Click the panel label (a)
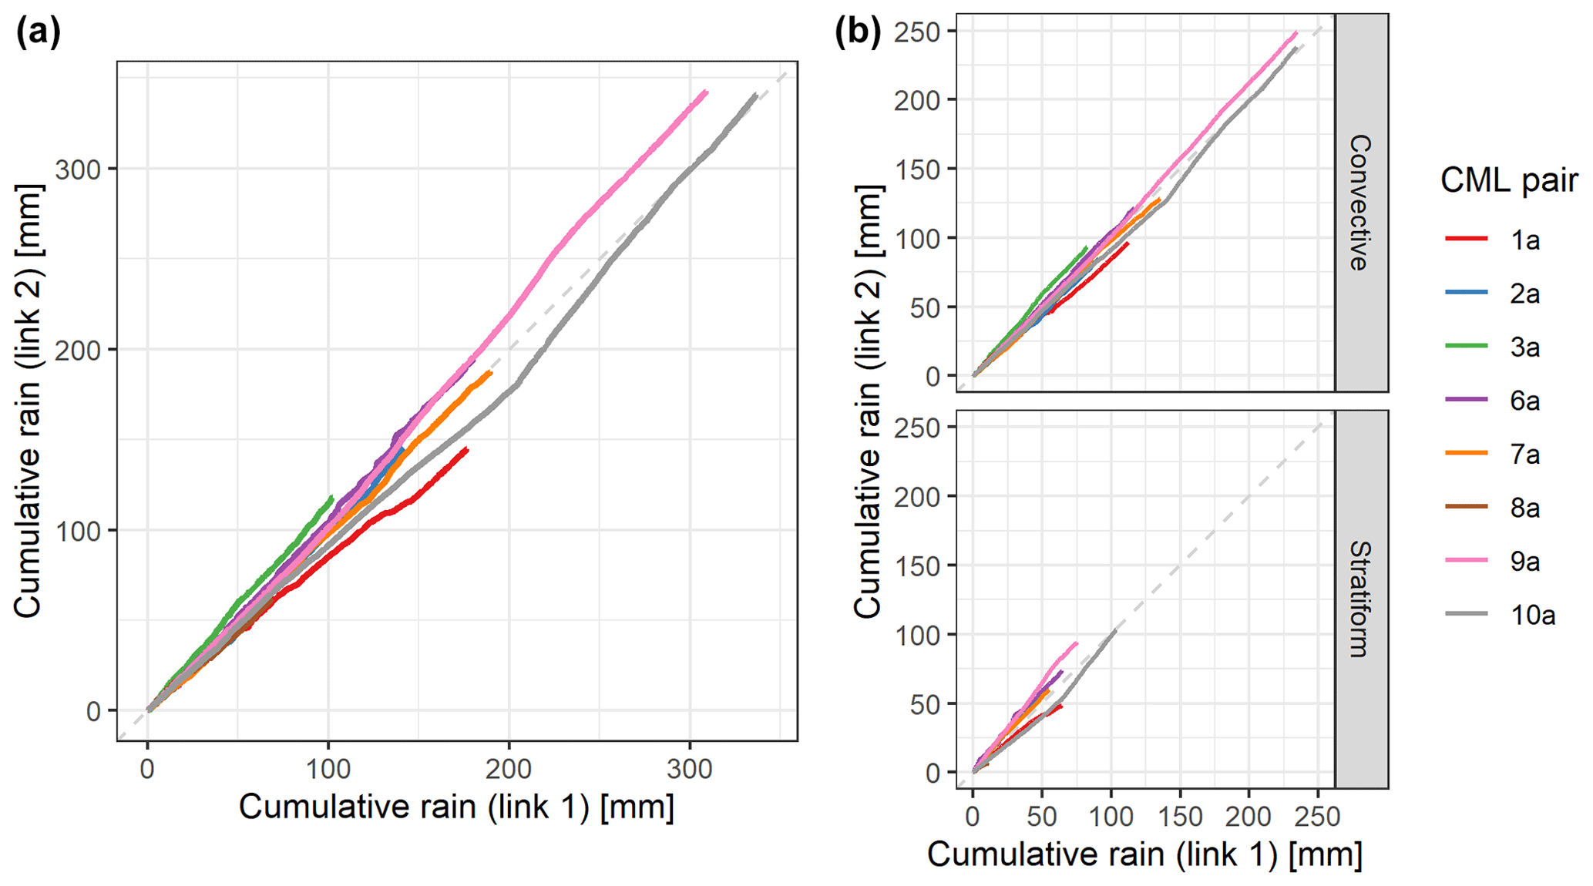pyautogui.click(x=38, y=33)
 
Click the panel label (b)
pyautogui.click(x=858, y=33)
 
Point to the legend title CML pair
pyautogui.click(x=1508, y=181)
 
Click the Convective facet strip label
pyautogui.click(x=1361, y=203)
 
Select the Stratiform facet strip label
pyautogui.click(x=1361, y=599)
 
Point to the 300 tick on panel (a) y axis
pyautogui.click(x=79, y=169)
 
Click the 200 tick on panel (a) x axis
pyautogui.click(x=509, y=768)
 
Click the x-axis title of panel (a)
pyautogui.click(x=456, y=807)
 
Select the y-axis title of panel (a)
pyautogui.click(x=28, y=401)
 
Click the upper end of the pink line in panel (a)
pyautogui.click(x=706, y=92)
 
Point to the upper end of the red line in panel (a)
pyautogui.click(x=467, y=449)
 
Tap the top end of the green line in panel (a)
pyautogui.click(x=332, y=497)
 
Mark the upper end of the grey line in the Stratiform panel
pyautogui.click(x=1115, y=630)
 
